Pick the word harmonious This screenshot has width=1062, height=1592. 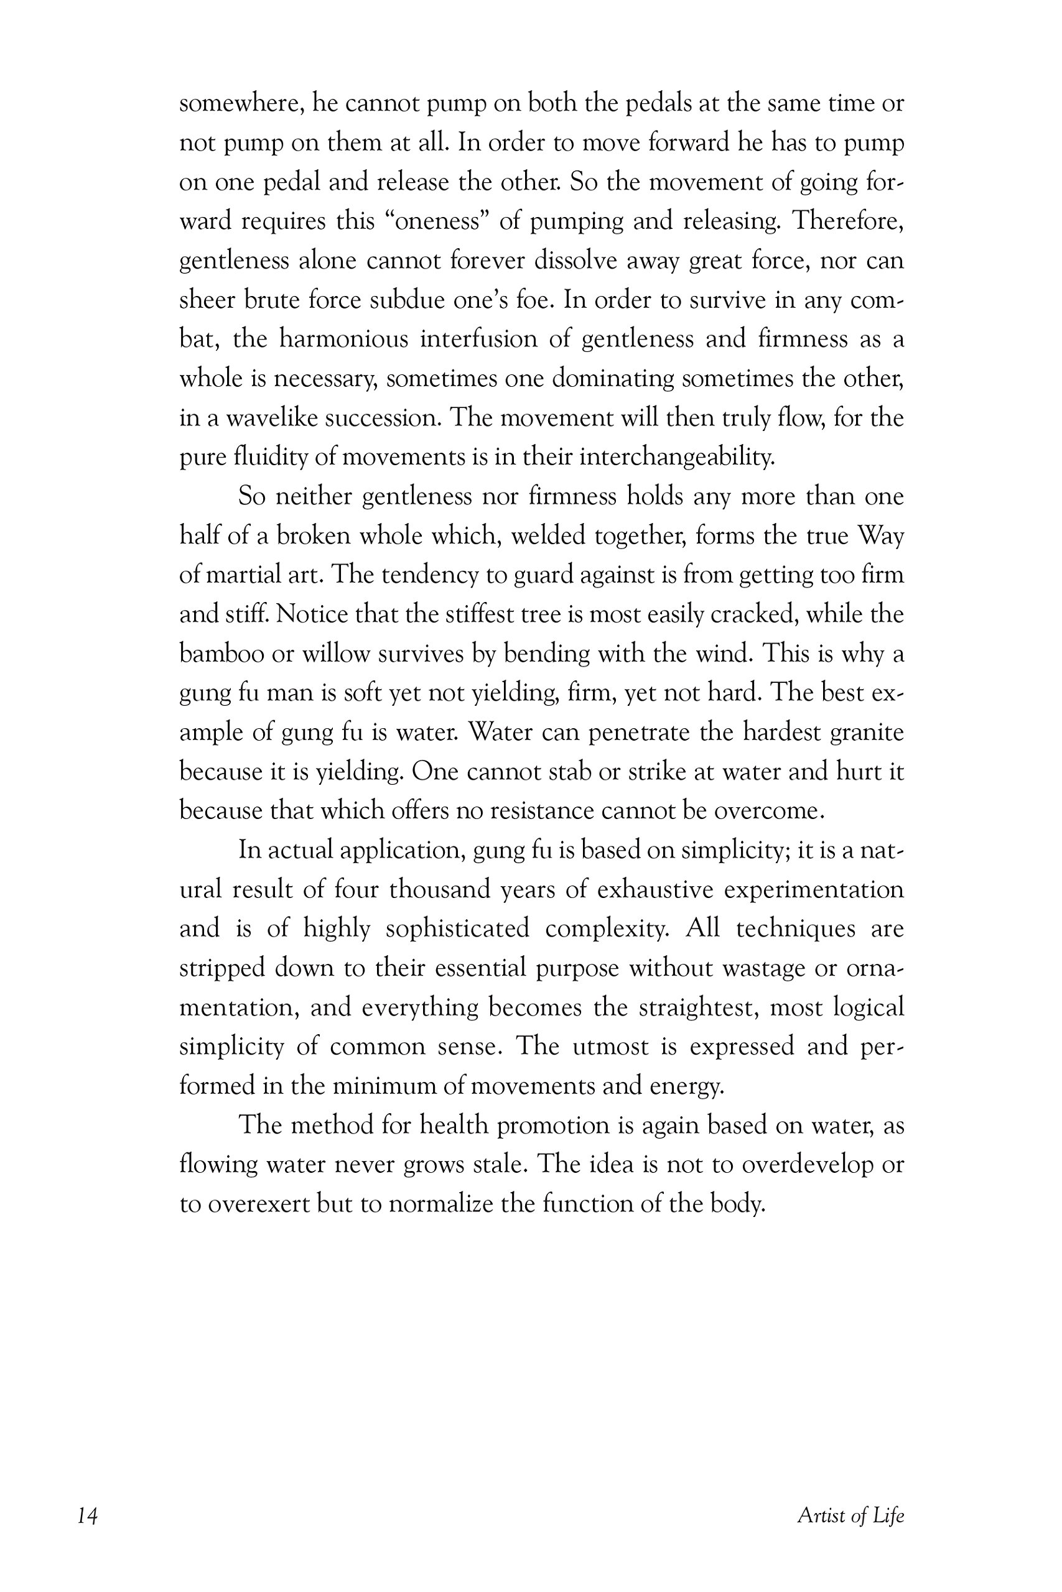coord(343,339)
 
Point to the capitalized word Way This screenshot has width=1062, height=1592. coord(880,536)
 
